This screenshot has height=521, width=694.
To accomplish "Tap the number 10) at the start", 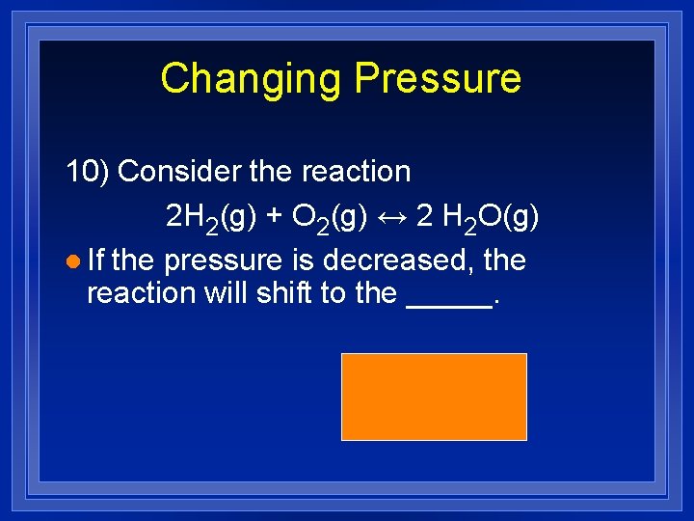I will click(88, 172).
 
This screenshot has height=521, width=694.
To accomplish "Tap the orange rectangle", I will click(434, 396).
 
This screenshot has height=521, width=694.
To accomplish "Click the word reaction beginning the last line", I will click(142, 292).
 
